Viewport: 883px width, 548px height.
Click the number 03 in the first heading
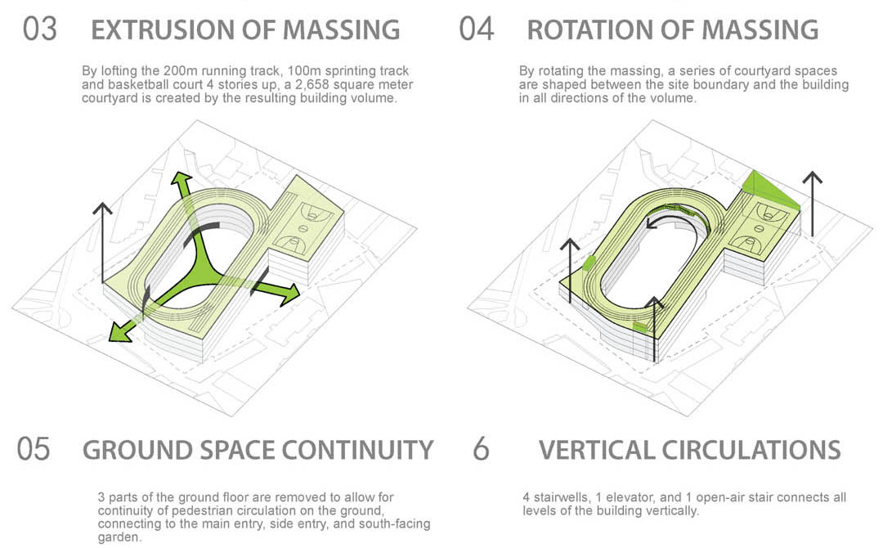(x=40, y=29)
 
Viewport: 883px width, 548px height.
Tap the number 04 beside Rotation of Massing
(x=477, y=29)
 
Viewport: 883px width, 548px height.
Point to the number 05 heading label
(x=34, y=449)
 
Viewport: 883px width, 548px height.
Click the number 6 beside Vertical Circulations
(x=481, y=449)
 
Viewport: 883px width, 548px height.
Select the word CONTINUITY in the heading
(x=357, y=450)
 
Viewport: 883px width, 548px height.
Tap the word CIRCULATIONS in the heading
(x=752, y=450)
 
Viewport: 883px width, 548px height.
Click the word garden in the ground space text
(x=117, y=538)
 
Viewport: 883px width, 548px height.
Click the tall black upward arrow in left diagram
(x=102, y=243)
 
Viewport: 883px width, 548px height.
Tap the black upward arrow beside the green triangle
(x=812, y=204)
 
